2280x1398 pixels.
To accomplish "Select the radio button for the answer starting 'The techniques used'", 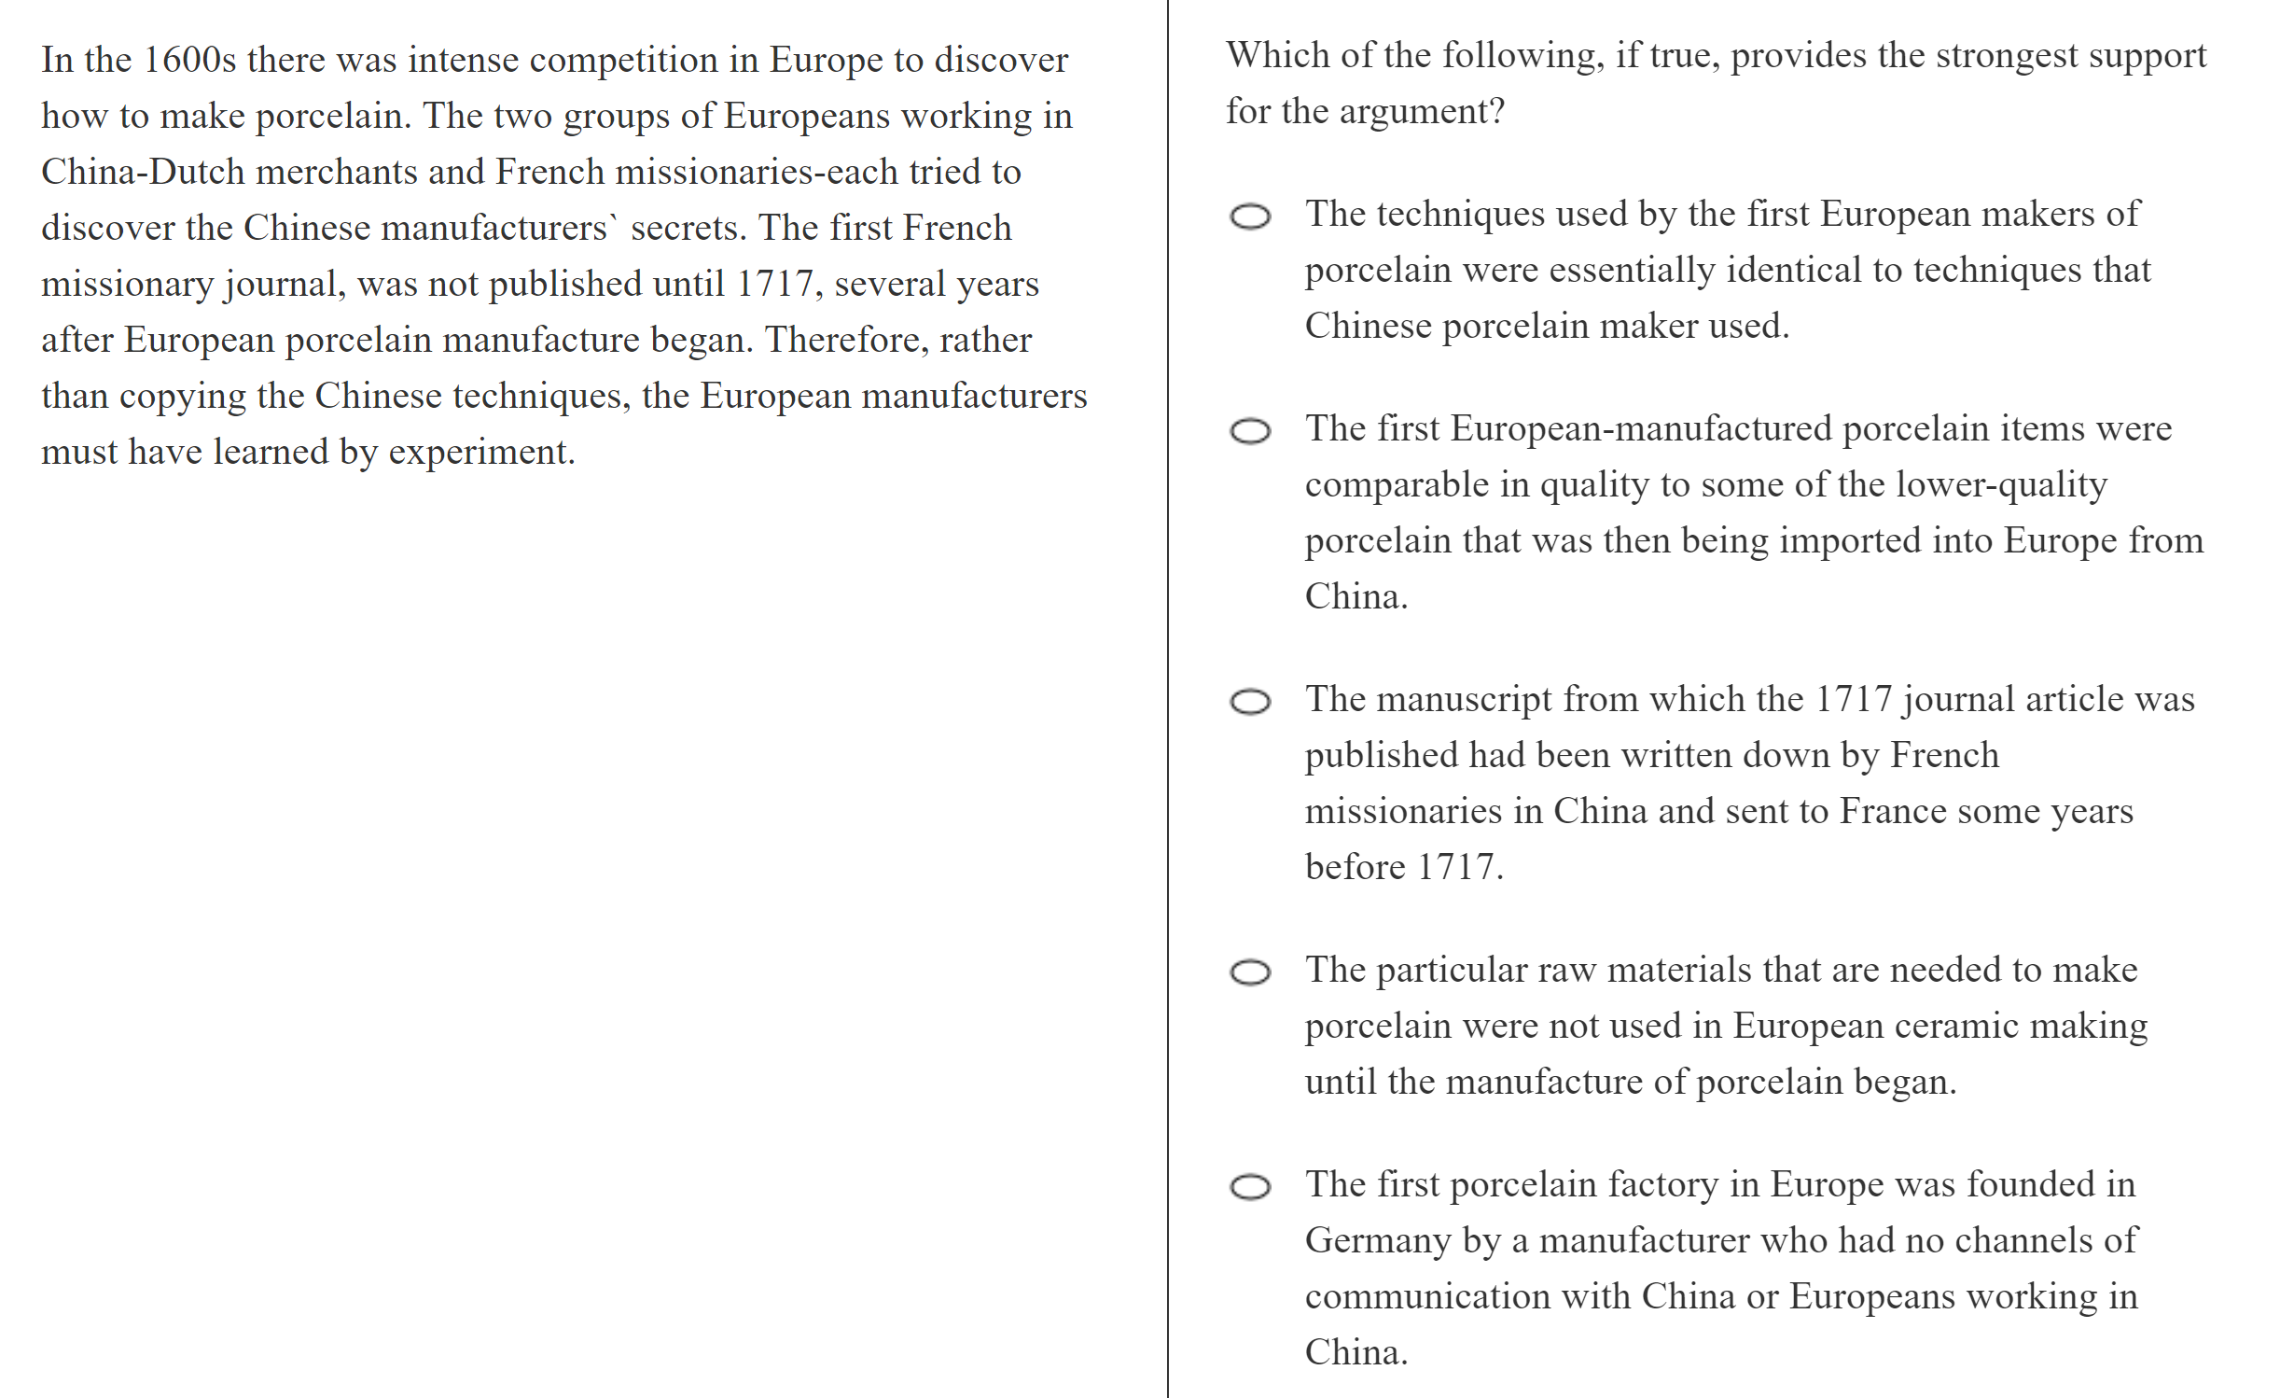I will pyautogui.click(x=1250, y=217).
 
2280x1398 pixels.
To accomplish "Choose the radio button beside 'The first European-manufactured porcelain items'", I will pyautogui.click(x=1250, y=431).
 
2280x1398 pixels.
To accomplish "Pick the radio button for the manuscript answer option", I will pyautogui.click(x=1250, y=702).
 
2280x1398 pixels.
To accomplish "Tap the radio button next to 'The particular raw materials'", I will pyautogui.click(x=1250, y=972).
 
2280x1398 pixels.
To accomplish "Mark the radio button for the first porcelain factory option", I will pyautogui.click(x=1250, y=1187).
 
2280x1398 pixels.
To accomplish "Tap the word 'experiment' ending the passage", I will pyautogui.click(x=480, y=452).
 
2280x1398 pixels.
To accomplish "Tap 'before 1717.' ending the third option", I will pyautogui.click(x=1404, y=867).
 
